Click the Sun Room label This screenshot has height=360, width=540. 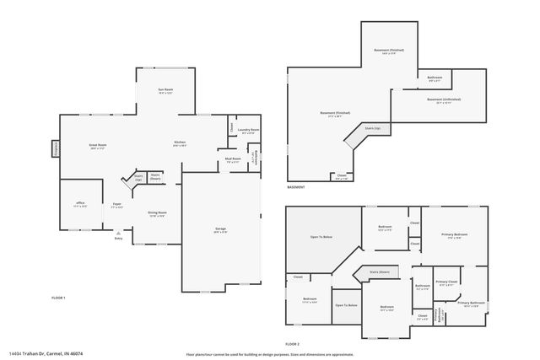[x=165, y=90]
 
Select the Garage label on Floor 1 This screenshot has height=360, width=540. [x=219, y=229]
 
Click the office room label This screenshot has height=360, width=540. [x=80, y=205]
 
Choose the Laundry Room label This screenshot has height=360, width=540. [x=249, y=131]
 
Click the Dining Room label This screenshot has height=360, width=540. [x=157, y=213]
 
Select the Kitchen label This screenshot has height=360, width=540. [x=180, y=143]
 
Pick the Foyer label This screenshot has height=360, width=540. [x=118, y=205]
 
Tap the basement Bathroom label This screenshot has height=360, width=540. [x=435, y=78]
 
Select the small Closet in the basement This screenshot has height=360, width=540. [x=341, y=177]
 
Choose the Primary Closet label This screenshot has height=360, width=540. [x=446, y=282]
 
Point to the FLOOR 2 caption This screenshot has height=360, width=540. [x=292, y=344]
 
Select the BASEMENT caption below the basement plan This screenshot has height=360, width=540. [x=296, y=187]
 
